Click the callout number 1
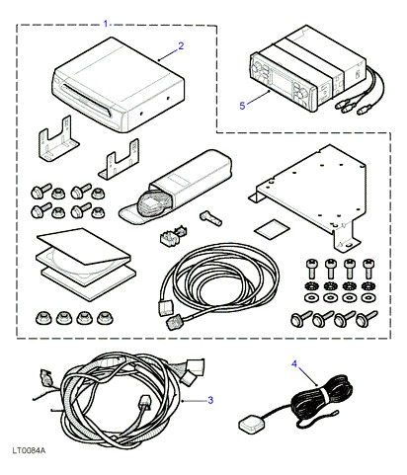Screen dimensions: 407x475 pos(106,24)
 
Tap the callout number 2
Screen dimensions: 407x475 pos(181,46)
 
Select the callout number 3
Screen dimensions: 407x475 pos(210,400)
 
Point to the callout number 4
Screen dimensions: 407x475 pos(294,363)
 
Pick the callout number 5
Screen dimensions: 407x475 pos(242,106)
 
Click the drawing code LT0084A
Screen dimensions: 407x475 pos(29,450)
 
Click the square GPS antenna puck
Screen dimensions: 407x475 pos(248,424)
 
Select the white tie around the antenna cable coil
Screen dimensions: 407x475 pos(324,394)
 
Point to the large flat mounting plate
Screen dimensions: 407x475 pos(309,195)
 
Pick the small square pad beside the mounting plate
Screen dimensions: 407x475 pos(272,229)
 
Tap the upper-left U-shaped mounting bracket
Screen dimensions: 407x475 pos(57,140)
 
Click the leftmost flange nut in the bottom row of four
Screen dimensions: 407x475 pos(43,318)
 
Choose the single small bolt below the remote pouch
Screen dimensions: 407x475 pos(210,218)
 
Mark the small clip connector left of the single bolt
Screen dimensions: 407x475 pos(172,234)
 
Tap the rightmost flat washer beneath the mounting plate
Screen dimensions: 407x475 pos(367,298)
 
